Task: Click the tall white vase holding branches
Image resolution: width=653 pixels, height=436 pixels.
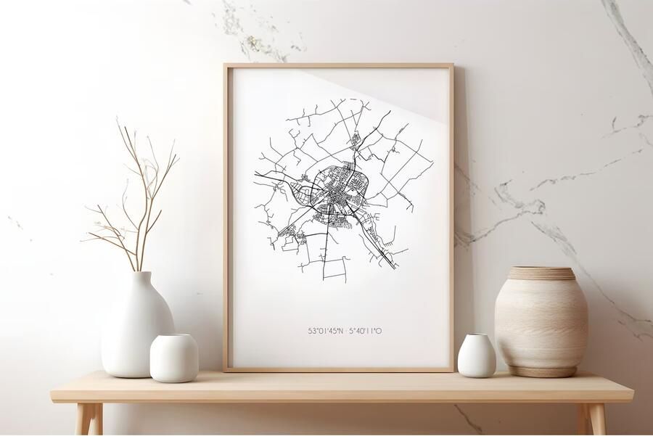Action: (136, 326)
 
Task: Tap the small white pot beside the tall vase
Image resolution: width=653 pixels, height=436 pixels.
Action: (174, 359)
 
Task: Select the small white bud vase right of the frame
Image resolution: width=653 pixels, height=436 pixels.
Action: (477, 357)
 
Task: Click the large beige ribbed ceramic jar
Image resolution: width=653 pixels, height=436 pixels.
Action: (541, 323)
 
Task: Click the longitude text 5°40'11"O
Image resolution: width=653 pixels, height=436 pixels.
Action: (366, 331)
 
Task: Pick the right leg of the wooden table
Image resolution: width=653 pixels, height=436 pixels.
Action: (596, 419)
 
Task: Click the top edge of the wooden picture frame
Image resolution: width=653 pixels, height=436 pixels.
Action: (338, 66)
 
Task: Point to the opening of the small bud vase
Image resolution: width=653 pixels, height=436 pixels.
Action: (477, 336)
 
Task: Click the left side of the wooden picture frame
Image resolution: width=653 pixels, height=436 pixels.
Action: (227, 218)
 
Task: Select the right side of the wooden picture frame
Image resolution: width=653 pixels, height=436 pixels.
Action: (451, 218)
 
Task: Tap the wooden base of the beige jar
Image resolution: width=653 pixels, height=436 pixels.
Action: (541, 372)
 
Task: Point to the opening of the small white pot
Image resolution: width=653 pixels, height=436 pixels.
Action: (174, 337)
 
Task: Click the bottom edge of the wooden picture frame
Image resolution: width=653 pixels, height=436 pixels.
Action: (338, 369)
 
